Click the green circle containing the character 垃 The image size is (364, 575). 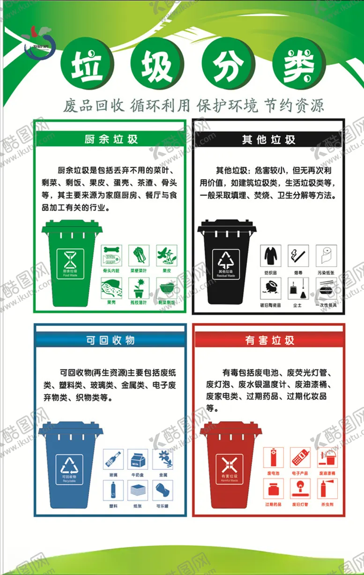click(x=86, y=65)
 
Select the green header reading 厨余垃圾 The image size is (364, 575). click(x=111, y=139)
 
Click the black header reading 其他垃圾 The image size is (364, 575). click(x=268, y=139)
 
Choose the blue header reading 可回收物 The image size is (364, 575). click(x=111, y=340)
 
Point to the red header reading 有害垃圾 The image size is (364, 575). click(x=269, y=340)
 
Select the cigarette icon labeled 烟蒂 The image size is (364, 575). click(x=298, y=256)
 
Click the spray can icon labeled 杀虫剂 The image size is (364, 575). click(x=326, y=488)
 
